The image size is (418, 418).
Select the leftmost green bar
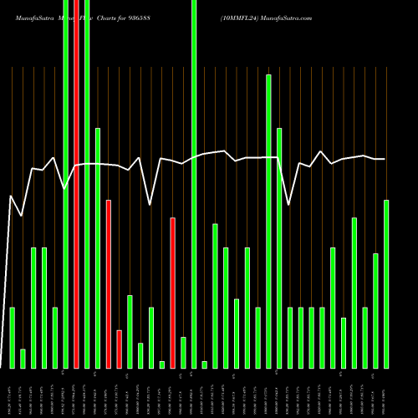coord(13,338)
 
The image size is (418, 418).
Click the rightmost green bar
coord(386,284)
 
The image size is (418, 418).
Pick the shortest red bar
coord(119,349)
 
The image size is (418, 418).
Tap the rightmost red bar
coord(172,293)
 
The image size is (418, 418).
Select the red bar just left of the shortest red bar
coord(109,284)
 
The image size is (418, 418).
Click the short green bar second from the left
coord(23,359)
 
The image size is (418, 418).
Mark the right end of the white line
coord(385,159)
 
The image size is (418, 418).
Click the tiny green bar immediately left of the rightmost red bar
coord(162,364)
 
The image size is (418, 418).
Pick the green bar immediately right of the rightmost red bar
coord(183,352)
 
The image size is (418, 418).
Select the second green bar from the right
coord(375,310)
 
